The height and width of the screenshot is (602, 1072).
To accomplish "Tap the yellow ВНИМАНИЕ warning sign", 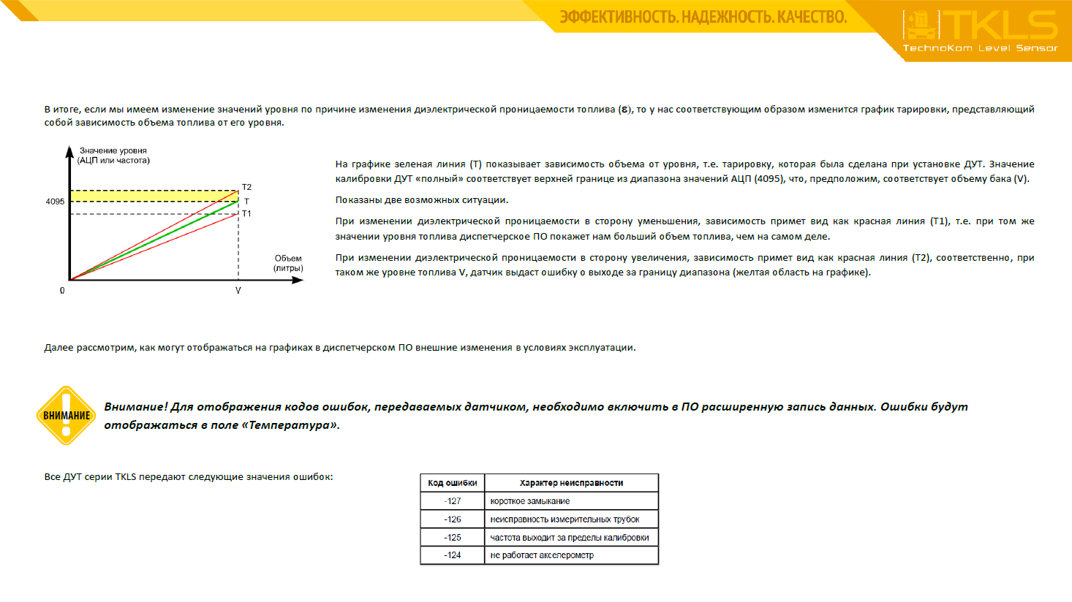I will (x=66, y=415).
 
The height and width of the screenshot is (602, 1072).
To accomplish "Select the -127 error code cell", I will (x=452, y=501).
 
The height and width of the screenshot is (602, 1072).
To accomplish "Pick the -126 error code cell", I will (x=452, y=519).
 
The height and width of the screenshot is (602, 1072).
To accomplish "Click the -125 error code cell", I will (x=452, y=538).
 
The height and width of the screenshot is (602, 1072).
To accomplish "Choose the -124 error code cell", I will (x=452, y=555).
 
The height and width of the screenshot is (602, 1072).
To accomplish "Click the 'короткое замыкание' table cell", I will (x=529, y=501).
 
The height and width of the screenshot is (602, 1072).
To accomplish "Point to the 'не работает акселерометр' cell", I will (x=542, y=555).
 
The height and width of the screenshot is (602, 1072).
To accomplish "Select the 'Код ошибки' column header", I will (x=452, y=483).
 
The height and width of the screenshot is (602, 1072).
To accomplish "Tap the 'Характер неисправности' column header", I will (x=571, y=483).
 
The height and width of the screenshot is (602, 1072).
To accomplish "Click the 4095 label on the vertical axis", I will (x=55, y=202).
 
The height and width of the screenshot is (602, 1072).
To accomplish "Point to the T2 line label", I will (x=246, y=188).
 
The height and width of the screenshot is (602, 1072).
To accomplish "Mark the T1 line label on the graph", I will (x=246, y=214).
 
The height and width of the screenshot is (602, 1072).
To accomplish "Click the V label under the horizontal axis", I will (x=238, y=291).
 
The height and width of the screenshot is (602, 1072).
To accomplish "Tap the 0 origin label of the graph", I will (x=62, y=291).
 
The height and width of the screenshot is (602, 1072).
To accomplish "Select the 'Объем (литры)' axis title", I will (x=288, y=263).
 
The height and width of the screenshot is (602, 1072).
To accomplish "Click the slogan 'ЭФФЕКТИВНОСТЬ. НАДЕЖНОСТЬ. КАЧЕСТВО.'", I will (x=703, y=17).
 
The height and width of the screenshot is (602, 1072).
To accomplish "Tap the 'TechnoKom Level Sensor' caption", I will (x=980, y=48).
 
